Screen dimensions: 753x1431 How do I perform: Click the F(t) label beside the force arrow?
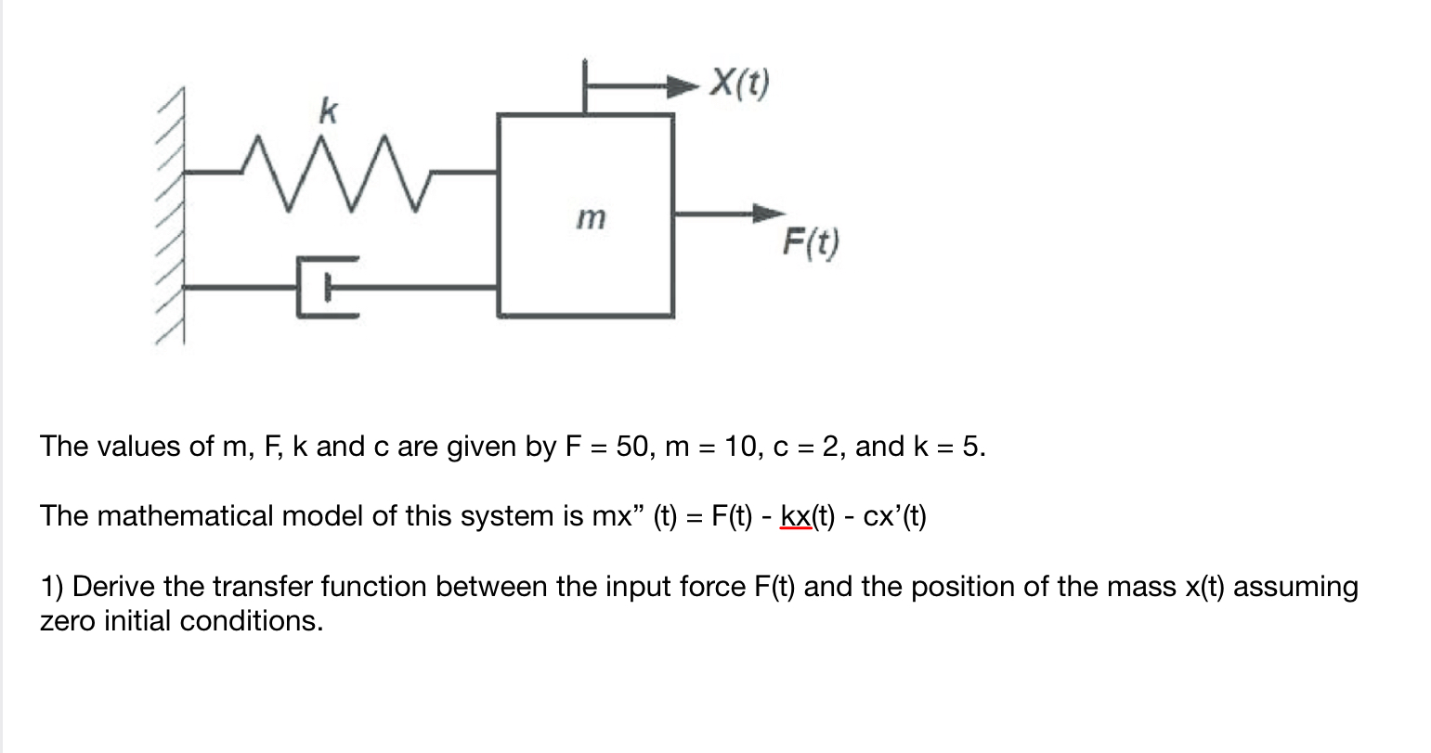coord(810,243)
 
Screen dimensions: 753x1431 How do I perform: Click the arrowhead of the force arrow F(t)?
coord(768,213)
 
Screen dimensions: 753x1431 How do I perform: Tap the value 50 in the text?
coord(631,447)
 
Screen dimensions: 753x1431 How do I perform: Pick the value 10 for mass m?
coord(742,447)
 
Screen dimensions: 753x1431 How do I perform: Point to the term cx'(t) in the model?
coord(894,516)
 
